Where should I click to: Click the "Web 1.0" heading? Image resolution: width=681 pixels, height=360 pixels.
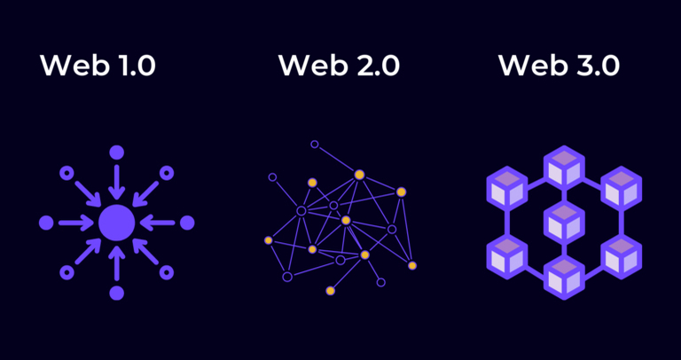coord(98,66)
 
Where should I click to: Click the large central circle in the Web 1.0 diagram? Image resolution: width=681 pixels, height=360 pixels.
coord(116,223)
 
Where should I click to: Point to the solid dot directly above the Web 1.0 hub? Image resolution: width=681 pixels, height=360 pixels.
coord(116,153)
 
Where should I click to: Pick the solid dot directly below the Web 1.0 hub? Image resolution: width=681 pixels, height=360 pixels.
coord(116,293)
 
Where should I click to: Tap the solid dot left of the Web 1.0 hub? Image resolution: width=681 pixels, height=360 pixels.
coord(46,223)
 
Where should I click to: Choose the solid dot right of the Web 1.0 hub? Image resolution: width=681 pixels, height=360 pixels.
coord(186,223)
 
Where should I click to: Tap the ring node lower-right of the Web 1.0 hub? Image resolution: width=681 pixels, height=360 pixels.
coord(166,272)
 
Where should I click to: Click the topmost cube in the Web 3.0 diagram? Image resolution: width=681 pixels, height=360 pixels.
coord(561,166)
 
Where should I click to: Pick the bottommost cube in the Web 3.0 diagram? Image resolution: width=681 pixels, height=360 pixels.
coord(561,278)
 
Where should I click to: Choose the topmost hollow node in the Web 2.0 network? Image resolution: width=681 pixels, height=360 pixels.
coord(314,144)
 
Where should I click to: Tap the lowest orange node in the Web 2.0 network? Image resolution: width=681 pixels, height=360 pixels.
coord(330,291)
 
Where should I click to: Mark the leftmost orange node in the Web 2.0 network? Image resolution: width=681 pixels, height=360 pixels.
coord(268,239)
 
